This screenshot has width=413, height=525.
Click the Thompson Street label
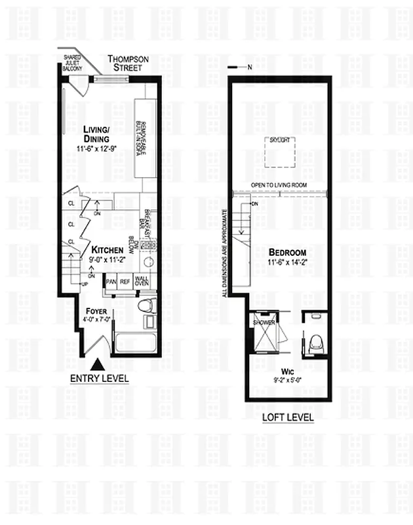[x=129, y=63]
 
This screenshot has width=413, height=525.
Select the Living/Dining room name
[x=97, y=134]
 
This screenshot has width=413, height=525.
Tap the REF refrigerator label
[x=125, y=282]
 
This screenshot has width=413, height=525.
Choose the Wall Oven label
[x=142, y=282]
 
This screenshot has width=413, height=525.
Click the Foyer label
[x=96, y=310]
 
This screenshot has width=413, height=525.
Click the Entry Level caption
[x=99, y=379]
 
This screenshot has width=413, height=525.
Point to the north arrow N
[x=248, y=67]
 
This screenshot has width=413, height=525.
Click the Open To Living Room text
[x=279, y=185]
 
